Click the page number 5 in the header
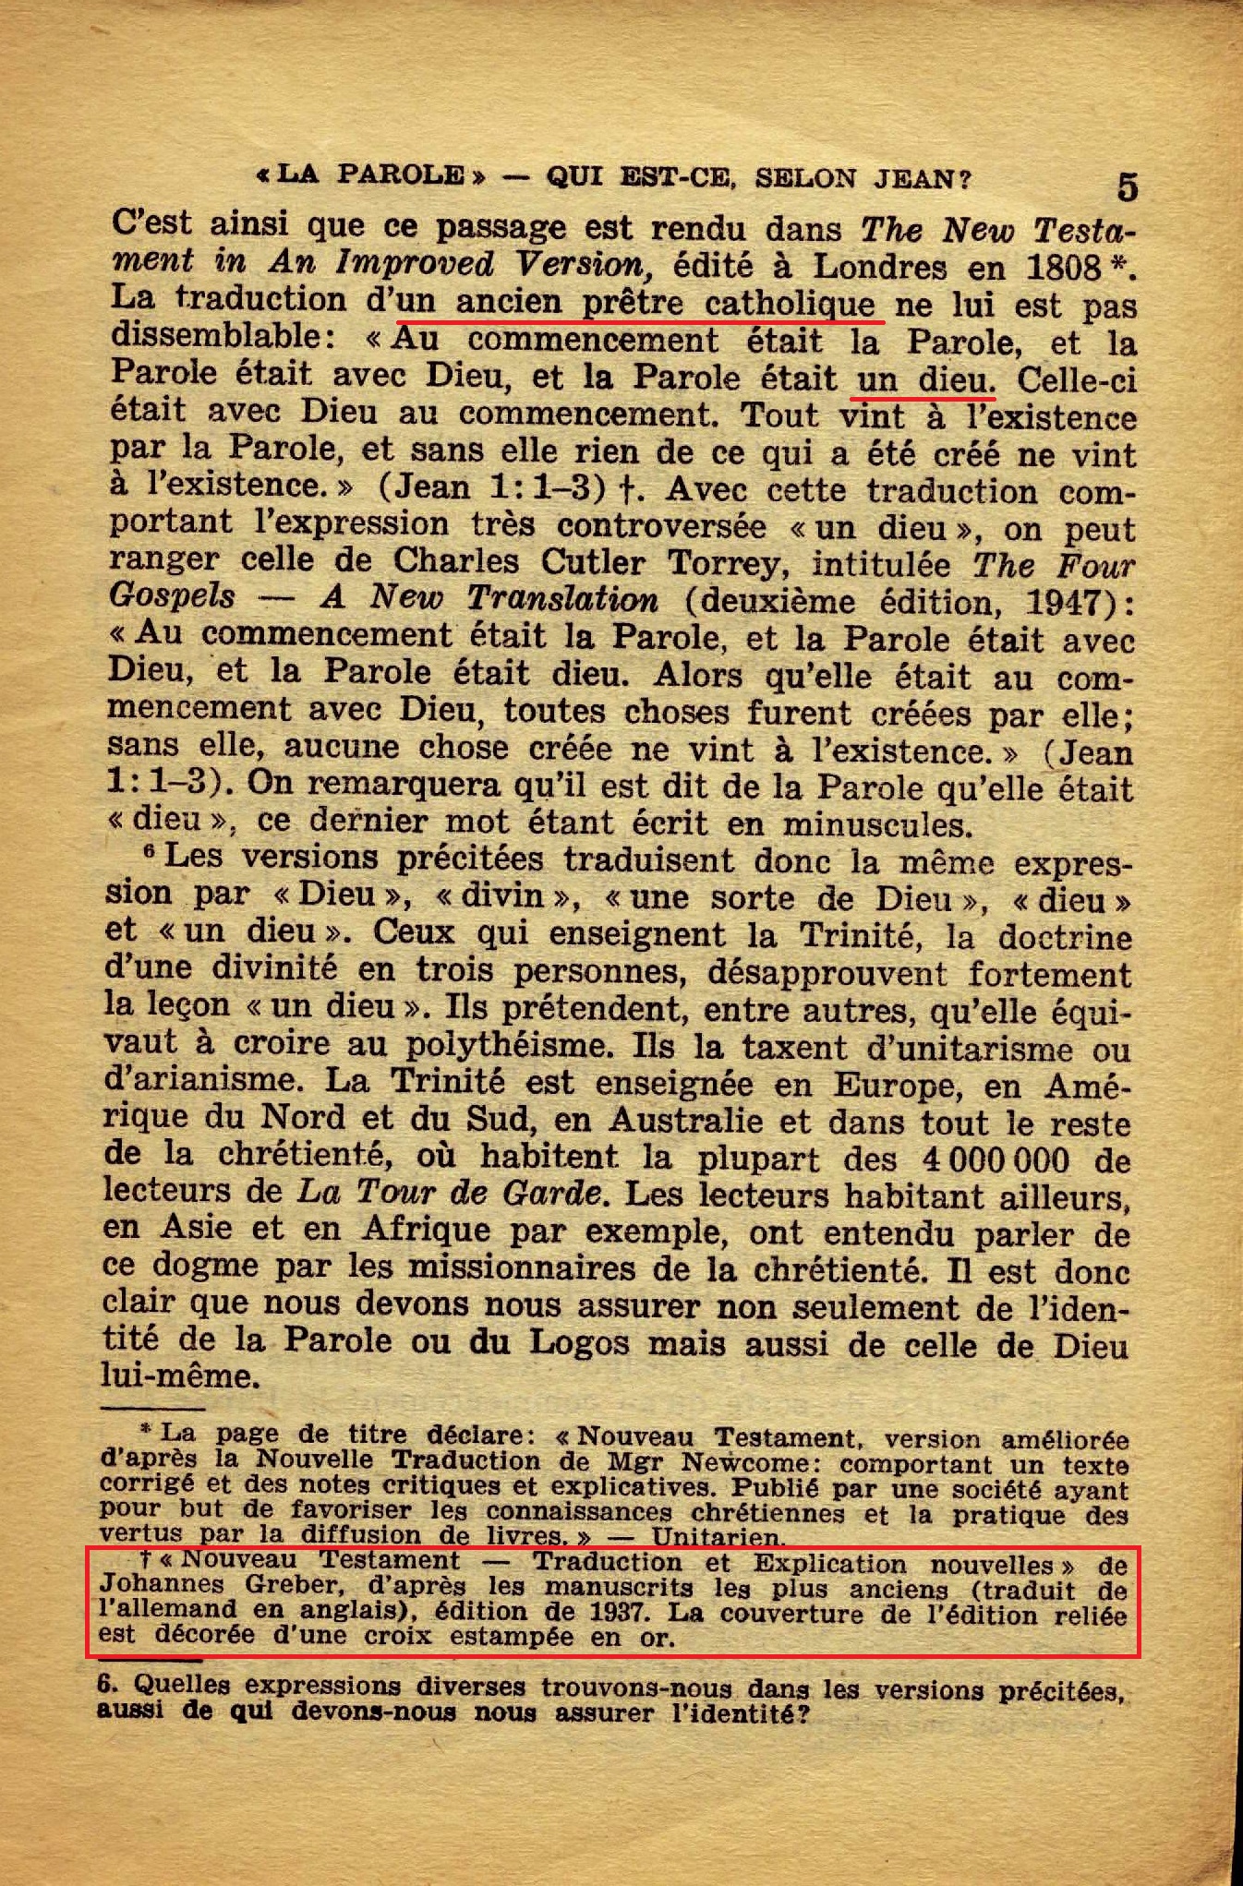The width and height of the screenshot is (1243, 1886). pyautogui.click(x=1127, y=187)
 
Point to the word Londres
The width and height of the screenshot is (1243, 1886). pyautogui.click(x=879, y=268)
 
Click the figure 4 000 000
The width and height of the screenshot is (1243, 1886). pyautogui.click(x=996, y=1159)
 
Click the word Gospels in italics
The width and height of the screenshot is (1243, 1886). pyautogui.click(x=172, y=596)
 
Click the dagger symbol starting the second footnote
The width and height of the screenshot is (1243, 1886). pyautogui.click(x=145, y=1559)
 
